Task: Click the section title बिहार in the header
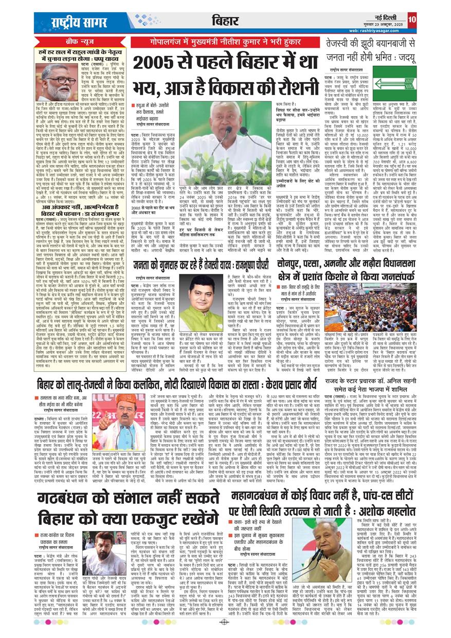pyautogui.click(x=225, y=21)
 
